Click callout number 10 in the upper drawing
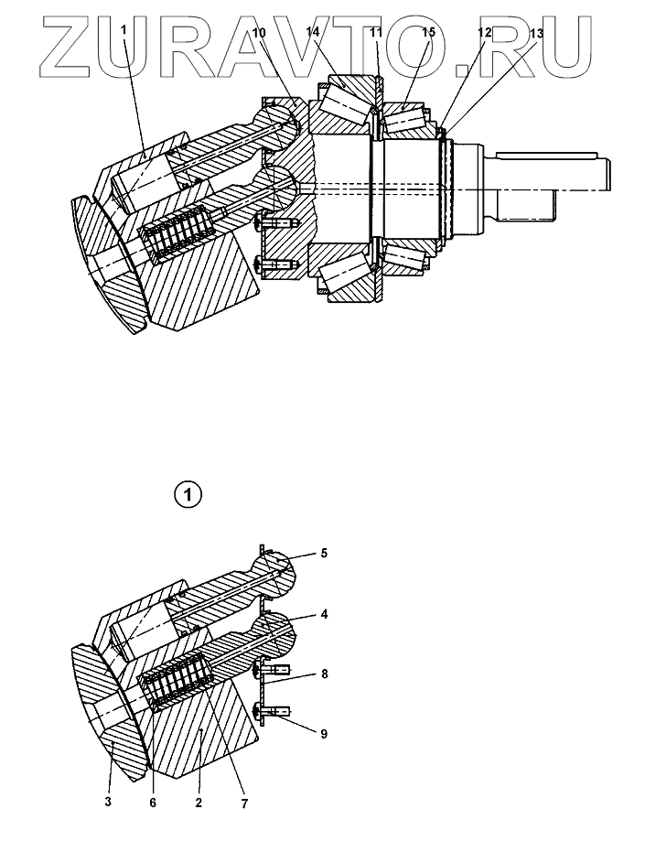(x=259, y=33)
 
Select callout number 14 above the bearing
(x=313, y=32)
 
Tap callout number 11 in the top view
(x=376, y=32)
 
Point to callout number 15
(x=428, y=32)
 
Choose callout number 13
(x=536, y=33)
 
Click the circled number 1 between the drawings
(x=187, y=495)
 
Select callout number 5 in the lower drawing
(x=323, y=553)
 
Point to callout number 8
(x=323, y=673)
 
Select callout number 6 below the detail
(x=153, y=803)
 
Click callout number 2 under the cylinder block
(x=198, y=803)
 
